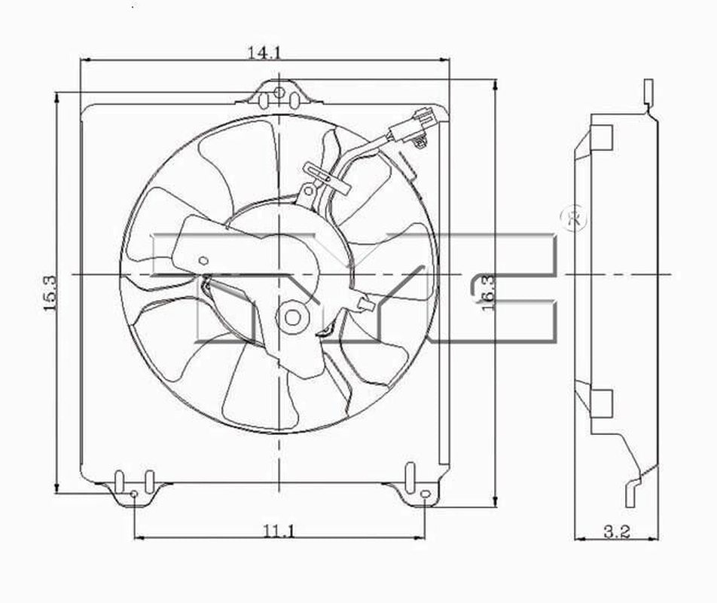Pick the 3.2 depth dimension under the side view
616,531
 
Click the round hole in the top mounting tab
279,93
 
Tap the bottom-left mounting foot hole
133,494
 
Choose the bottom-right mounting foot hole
424,494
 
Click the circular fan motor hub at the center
291,317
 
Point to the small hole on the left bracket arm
203,260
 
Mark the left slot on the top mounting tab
262,101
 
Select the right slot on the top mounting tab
295,101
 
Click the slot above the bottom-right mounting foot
409,477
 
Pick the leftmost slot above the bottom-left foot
118,480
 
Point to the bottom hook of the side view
631,494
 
